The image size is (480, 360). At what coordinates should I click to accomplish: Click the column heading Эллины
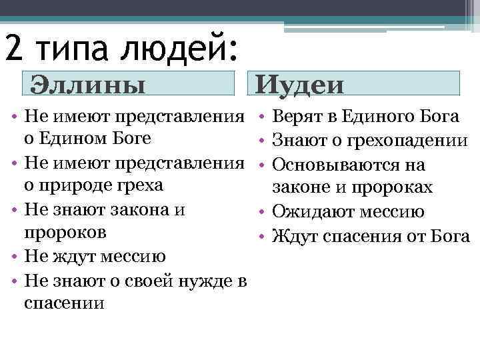coord(89,85)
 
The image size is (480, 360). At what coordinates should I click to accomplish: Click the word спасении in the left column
coord(63,303)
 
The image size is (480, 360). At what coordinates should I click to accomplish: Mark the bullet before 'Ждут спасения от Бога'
coord(263,236)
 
